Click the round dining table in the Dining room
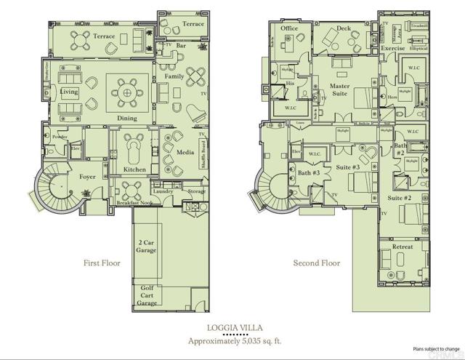point(127,92)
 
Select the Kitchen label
point(134,169)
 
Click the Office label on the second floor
point(290,28)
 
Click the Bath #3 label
point(310,173)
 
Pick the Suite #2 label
point(399,198)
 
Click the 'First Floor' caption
point(102,263)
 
